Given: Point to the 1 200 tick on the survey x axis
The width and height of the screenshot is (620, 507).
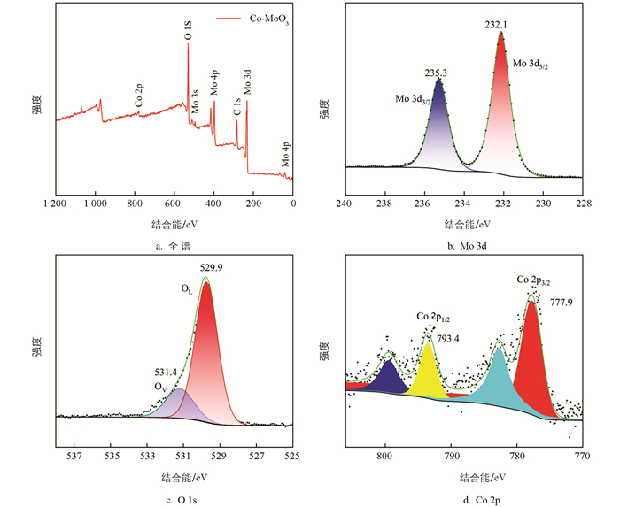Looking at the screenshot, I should pos(55,204).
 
